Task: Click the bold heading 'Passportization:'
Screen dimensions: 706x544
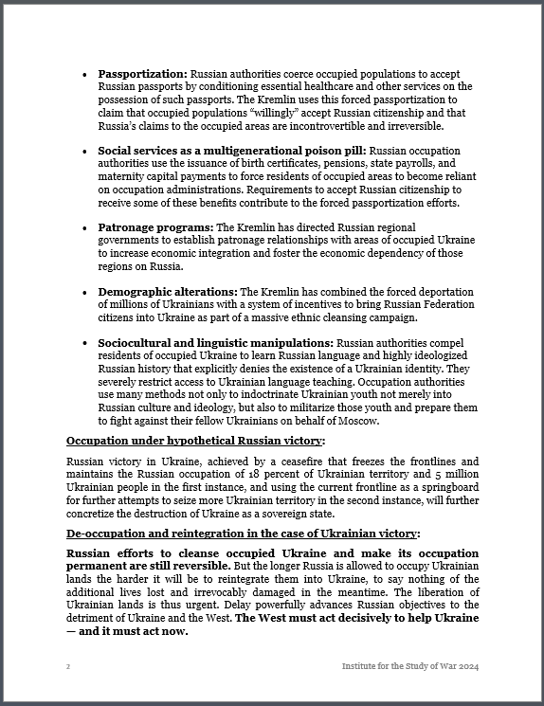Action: [x=142, y=73]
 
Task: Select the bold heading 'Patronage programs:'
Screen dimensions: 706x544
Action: [x=155, y=227]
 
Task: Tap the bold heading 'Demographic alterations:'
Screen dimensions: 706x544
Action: [x=168, y=292]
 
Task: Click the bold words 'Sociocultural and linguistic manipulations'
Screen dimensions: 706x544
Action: [x=216, y=343]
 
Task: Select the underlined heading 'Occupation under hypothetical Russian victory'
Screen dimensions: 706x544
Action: [x=194, y=442]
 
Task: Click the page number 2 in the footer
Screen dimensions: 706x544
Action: [x=68, y=667]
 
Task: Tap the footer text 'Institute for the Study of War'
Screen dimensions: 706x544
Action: [x=398, y=667]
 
